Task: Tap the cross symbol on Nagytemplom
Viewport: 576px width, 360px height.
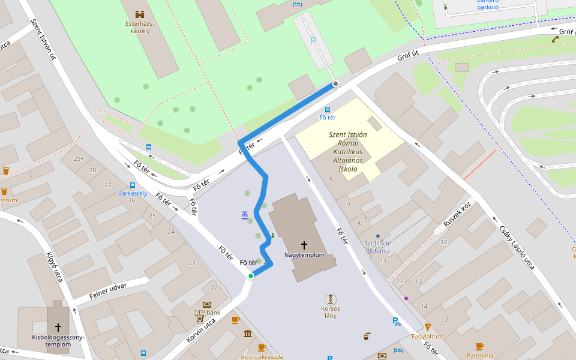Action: [304, 245]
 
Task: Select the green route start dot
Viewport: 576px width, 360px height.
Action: [251, 276]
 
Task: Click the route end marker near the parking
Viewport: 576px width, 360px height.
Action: [335, 83]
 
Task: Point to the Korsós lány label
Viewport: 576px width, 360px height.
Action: [330, 312]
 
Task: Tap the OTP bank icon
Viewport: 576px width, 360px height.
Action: [207, 305]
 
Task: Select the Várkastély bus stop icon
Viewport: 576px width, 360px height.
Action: [132, 185]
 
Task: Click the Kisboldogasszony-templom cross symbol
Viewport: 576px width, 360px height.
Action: [58, 327]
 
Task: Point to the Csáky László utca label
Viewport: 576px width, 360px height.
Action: [517, 246]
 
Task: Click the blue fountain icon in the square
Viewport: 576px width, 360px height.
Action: [244, 215]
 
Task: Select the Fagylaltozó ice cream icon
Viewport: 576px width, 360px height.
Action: [427, 327]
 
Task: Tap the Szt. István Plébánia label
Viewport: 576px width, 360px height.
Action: [378, 247]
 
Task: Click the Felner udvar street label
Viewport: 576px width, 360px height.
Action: [108, 291]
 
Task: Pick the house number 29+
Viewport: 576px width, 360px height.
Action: [79, 159]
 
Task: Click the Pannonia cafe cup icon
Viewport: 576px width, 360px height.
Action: [479, 346]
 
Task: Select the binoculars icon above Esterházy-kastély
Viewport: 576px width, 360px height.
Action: [140, 14]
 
